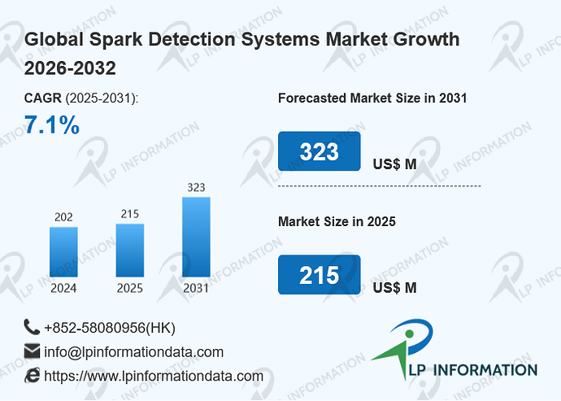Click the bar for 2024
(63, 251)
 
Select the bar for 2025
(130, 251)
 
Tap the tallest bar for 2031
(196, 237)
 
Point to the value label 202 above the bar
(63, 217)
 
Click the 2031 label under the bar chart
(196, 288)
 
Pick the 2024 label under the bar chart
(63, 288)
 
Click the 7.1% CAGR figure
(52, 125)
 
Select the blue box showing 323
(320, 151)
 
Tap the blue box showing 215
(320, 275)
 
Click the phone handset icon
(32, 327)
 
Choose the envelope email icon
(32, 351)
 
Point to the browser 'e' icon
(33, 375)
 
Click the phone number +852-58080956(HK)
(110, 328)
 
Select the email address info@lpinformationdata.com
(134, 352)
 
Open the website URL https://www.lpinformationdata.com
(154, 377)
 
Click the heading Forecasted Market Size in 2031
(372, 98)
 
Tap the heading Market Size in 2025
(337, 221)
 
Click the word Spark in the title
(115, 39)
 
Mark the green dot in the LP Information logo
(410, 334)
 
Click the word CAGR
(43, 98)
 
